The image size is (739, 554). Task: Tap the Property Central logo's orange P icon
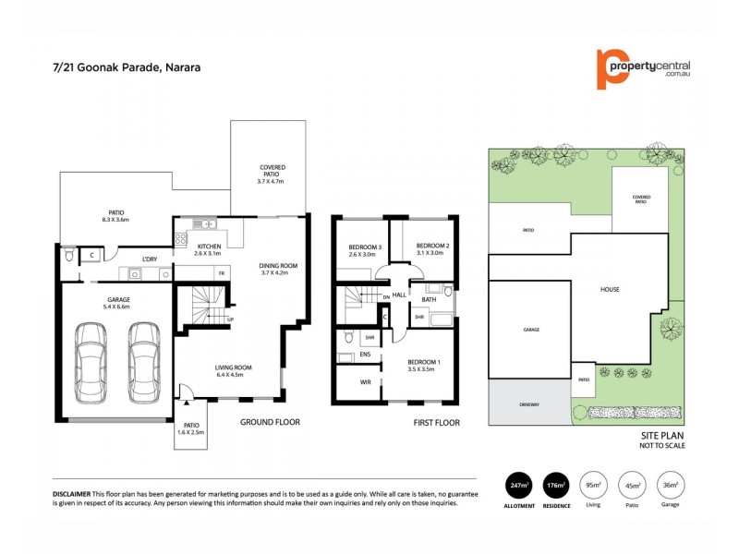607,69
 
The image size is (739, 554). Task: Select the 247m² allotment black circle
519,486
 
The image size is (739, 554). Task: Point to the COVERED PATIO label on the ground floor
272,172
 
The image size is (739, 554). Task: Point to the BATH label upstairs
429,299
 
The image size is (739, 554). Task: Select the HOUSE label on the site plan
610,289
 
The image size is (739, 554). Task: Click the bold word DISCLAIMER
75,496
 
